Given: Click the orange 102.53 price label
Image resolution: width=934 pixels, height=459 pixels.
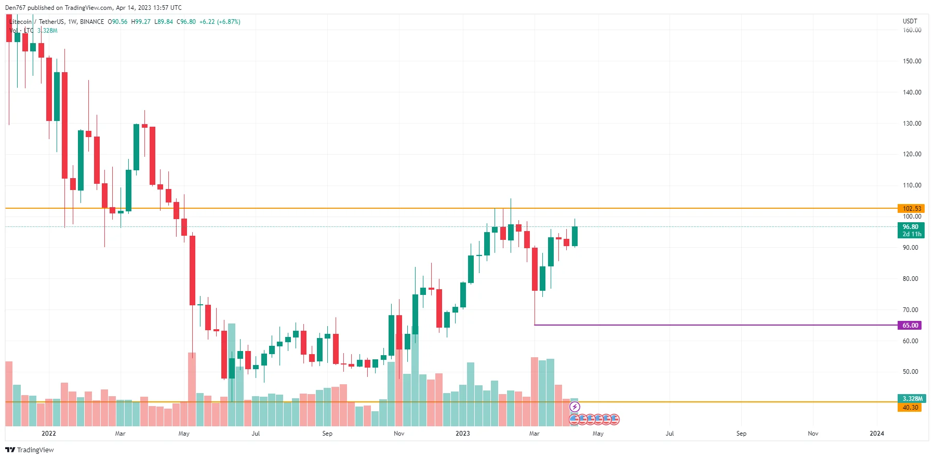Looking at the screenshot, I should (x=911, y=209).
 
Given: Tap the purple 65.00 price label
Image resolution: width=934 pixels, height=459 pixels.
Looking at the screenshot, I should (x=910, y=326).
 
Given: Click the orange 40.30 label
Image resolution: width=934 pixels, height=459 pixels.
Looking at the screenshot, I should (x=910, y=408).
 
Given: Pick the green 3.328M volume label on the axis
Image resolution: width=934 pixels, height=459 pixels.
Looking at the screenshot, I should (x=912, y=399).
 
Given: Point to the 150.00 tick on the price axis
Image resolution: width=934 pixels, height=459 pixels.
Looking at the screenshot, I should (x=912, y=61).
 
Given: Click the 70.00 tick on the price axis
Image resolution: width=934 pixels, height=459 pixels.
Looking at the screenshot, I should (x=910, y=310).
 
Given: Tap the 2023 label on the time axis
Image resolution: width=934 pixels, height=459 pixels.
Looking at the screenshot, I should (x=462, y=434).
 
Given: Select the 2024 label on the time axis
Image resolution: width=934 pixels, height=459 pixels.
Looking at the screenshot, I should (x=876, y=434).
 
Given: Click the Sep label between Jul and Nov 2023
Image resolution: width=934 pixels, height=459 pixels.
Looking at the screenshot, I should (x=741, y=434).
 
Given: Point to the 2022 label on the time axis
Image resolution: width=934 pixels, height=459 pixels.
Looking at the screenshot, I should (x=48, y=434).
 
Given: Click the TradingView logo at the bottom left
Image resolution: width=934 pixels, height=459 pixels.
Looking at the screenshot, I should (x=30, y=450).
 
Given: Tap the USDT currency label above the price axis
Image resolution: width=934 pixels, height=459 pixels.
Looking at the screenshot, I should (x=910, y=21).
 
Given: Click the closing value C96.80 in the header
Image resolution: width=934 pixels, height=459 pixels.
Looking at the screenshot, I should (x=186, y=22).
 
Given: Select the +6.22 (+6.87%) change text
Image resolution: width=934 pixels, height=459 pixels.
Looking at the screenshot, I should (x=220, y=22).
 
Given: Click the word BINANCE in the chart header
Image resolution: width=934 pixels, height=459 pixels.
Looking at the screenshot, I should (x=92, y=22).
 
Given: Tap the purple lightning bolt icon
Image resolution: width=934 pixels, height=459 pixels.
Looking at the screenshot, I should (x=575, y=407).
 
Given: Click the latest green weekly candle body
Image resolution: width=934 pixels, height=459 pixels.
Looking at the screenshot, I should (x=575, y=236).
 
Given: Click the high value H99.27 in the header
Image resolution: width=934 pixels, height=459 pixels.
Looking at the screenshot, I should (x=141, y=22).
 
